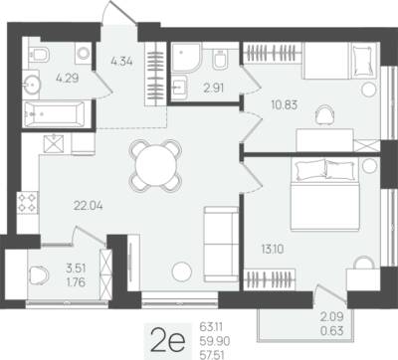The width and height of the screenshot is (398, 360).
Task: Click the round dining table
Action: point(155,165)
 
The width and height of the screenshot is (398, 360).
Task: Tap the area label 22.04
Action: point(89,206)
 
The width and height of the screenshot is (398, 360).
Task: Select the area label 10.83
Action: point(285,105)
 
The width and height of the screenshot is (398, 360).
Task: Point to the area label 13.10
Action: point(273,249)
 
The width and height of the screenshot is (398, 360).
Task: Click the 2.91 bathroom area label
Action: point(213,89)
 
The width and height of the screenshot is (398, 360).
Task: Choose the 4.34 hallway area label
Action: point(122,62)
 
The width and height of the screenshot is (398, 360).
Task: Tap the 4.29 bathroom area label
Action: point(68,79)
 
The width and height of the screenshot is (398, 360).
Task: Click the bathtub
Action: point(54,114)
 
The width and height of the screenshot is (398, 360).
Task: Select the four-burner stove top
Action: point(27,203)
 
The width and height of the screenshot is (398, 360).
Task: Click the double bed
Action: point(325,194)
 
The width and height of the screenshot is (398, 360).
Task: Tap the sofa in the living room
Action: point(221,244)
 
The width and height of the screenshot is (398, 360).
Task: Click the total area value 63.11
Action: point(211,327)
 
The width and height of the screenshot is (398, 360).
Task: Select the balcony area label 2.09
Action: point(331,316)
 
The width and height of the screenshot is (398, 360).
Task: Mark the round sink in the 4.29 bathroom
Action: point(32,85)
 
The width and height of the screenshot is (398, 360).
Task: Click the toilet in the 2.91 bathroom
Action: point(220,59)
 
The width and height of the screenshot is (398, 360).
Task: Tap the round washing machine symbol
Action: point(83,53)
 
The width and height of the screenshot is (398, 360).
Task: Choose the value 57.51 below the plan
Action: point(212,355)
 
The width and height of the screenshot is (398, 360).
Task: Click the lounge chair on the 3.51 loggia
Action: point(38,275)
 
